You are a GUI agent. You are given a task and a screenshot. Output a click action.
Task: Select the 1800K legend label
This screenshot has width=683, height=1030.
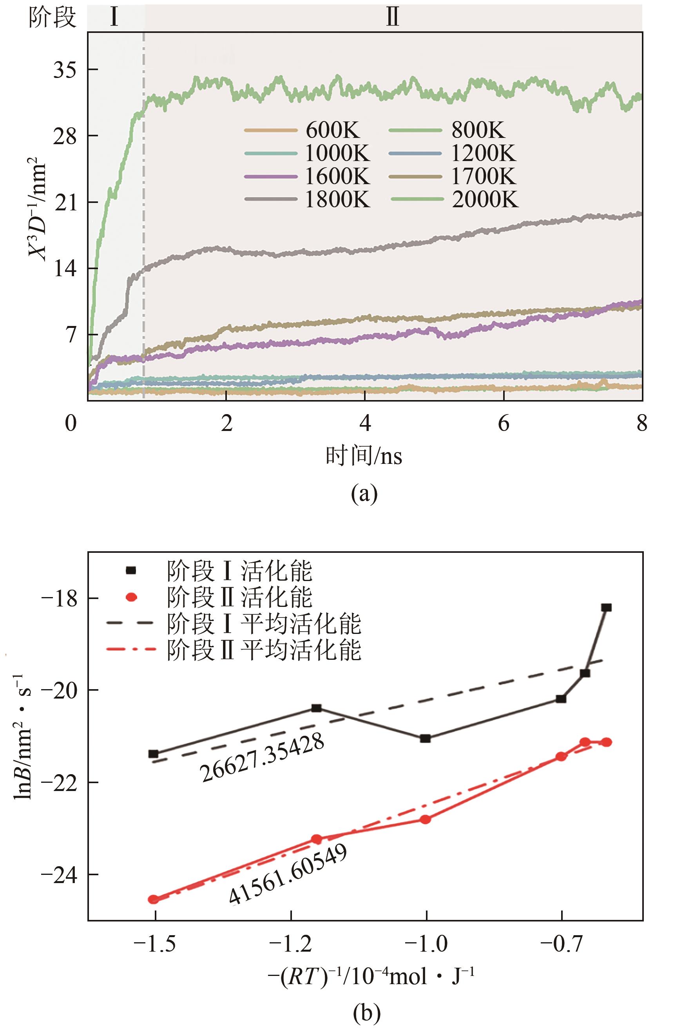[337, 199]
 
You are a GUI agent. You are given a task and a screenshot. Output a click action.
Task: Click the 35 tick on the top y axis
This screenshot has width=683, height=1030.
[65, 70]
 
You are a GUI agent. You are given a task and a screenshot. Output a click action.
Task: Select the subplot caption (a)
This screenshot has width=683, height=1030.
[364, 494]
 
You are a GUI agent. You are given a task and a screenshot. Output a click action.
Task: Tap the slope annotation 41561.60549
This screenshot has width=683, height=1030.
[288, 874]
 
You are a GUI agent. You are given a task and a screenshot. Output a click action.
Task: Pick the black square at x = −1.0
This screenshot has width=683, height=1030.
[426, 739]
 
